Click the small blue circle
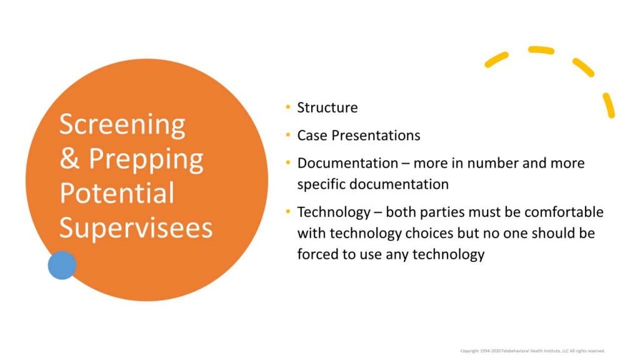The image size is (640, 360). pos(62,265)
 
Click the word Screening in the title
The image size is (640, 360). pos(122,124)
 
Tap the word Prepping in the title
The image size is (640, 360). pos(146,159)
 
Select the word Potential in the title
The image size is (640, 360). pos(117,193)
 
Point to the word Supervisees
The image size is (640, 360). pos(136,228)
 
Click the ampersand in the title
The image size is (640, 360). pos(69,159)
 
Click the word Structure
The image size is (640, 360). pos(327,107)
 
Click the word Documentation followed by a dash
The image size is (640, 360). pos(347,163)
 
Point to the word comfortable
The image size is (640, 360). pos(556,212)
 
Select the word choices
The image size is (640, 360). pos(423,233)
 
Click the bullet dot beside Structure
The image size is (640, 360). pos(287,107)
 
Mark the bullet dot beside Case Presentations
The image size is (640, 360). pos(287,136)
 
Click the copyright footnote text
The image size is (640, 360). pos(532,351)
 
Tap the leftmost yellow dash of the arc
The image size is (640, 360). pos(496,59)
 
